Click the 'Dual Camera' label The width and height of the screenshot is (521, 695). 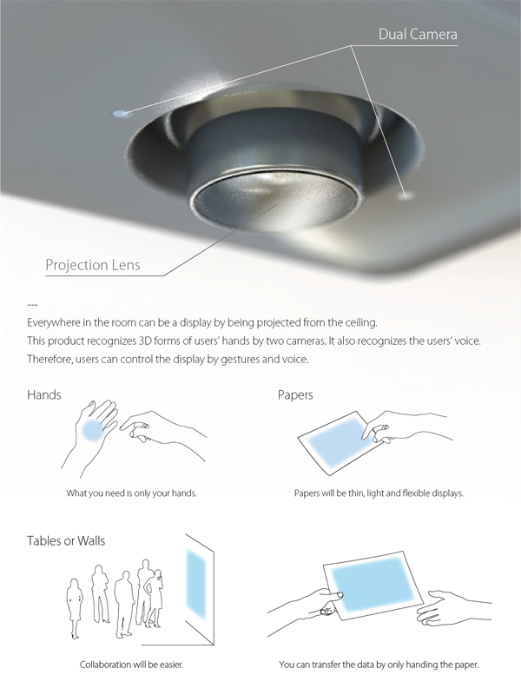(x=418, y=35)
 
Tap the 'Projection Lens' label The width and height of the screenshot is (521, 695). (x=93, y=265)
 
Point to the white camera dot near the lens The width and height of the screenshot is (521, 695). (x=405, y=194)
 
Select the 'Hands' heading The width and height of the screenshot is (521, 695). (x=44, y=394)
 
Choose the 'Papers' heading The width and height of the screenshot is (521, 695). (x=295, y=395)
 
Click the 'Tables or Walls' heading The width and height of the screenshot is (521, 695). (x=66, y=540)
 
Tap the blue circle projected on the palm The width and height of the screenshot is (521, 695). (x=95, y=430)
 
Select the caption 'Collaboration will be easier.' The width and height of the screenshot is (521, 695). (x=132, y=665)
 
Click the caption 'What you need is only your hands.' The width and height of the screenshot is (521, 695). (x=132, y=493)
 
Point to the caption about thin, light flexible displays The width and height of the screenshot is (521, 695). (x=379, y=493)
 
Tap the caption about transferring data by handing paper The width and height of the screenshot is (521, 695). (x=379, y=665)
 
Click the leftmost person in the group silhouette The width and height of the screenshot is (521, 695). (x=74, y=608)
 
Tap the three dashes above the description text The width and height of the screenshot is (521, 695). (x=32, y=305)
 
